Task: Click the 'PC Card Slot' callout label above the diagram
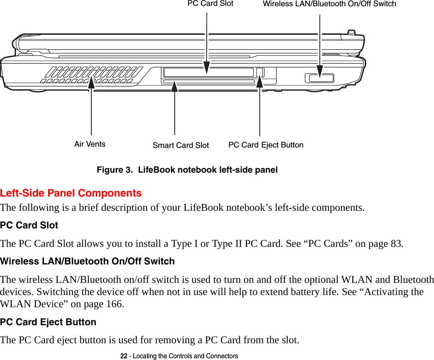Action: click(x=210, y=4)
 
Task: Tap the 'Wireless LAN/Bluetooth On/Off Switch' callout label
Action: click(x=329, y=4)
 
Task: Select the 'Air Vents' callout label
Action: click(x=90, y=144)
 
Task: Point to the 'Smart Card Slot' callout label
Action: click(x=181, y=145)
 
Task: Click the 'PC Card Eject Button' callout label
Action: click(x=266, y=145)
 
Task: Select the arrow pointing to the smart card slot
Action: click(x=174, y=109)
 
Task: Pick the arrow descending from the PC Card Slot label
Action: click(x=207, y=42)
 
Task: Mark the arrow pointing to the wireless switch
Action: click(x=320, y=46)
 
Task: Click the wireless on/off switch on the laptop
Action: click(x=319, y=78)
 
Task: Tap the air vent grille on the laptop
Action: click(x=94, y=75)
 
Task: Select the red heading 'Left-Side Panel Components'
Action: click(x=71, y=193)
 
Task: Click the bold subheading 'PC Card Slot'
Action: click(x=29, y=225)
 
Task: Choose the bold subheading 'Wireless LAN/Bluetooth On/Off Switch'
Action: click(x=87, y=262)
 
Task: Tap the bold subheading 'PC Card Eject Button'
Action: click(x=48, y=322)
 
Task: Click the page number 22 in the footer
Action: click(x=123, y=356)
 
